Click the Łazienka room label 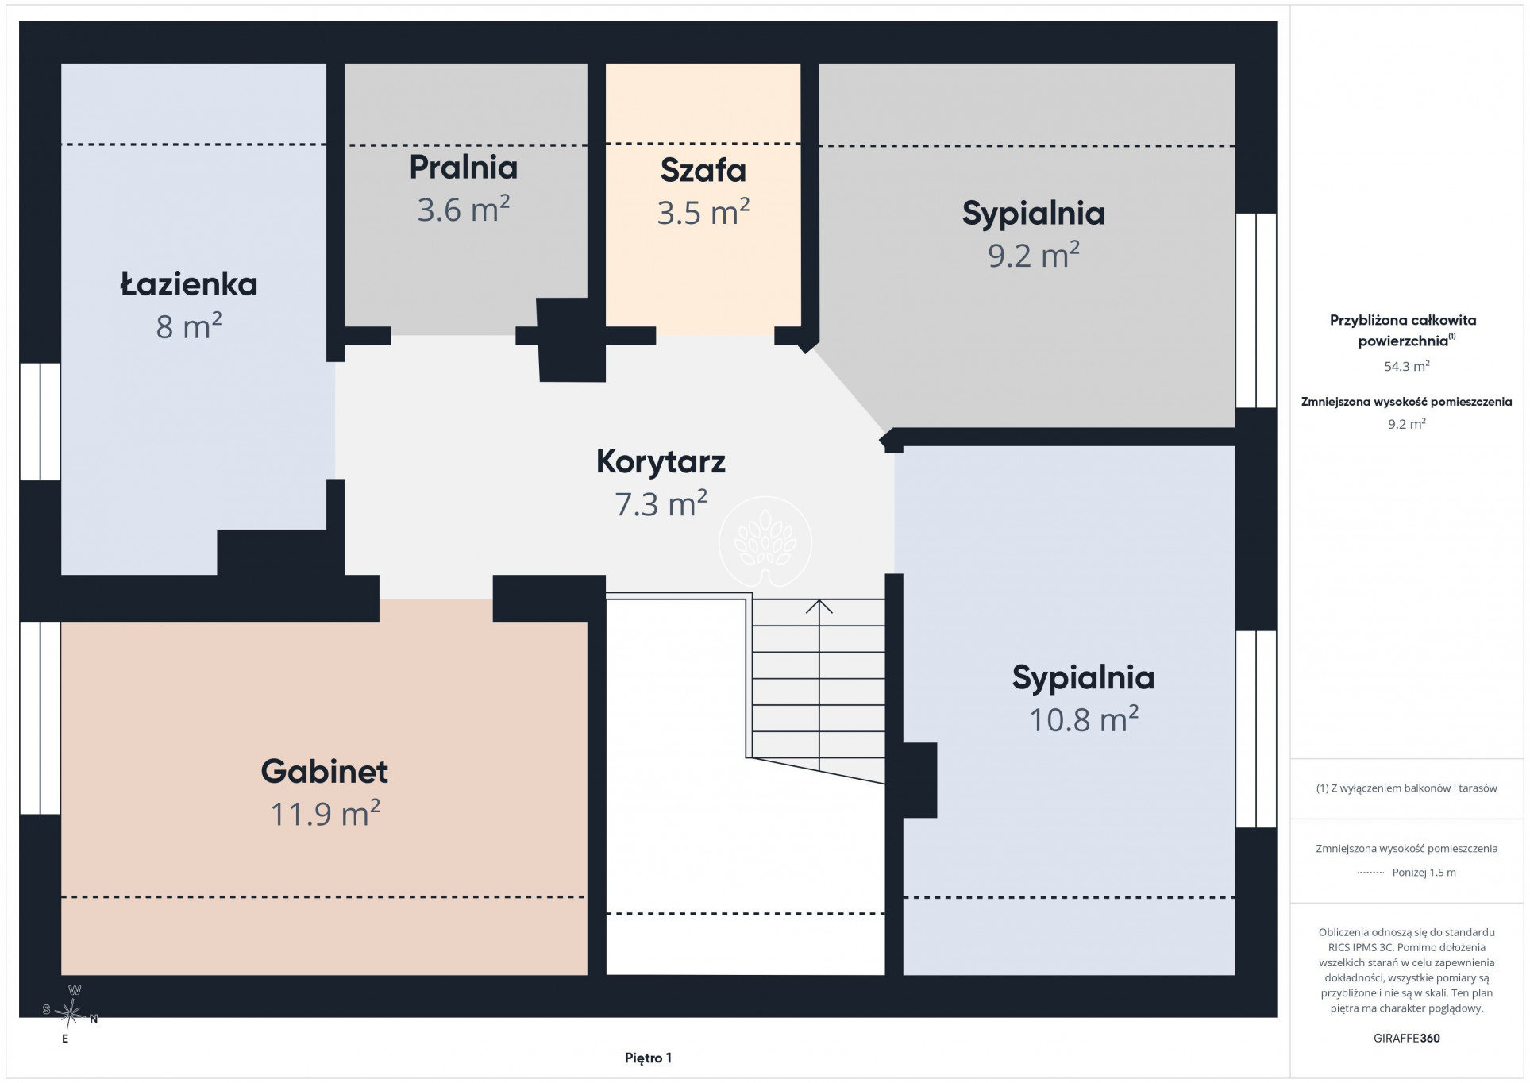pyautogui.click(x=189, y=284)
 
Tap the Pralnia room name pyautogui.click(x=464, y=168)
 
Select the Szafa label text pyautogui.click(x=703, y=171)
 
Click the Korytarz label pyautogui.click(x=661, y=462)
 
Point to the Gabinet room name pyautogui.click(x=325, y=772)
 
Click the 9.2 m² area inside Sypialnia pyautogui.click(x=1034, y=255)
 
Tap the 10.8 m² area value pyautogui.click(x=1084, y=719)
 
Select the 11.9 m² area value pyautogui.click(x=326, y=814)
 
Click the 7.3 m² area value pyautogui.click(x=661, y=503)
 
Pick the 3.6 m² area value pyautogui.click(x=464, y=210)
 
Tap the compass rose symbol pyautogui.click(x=70, y=1014)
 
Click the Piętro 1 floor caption pyautogui.click(x=648, y=1058)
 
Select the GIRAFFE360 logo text pyautogui.click(x=1407, y=1038)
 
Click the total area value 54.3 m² pyautogui.click(x=1407, y=366)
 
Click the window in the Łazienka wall pyautogui.click(x=40, y=422)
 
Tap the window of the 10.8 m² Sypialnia pyautogui.click(x=1256, y=729)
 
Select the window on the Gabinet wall pyautogui.click(x=40, y=719)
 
